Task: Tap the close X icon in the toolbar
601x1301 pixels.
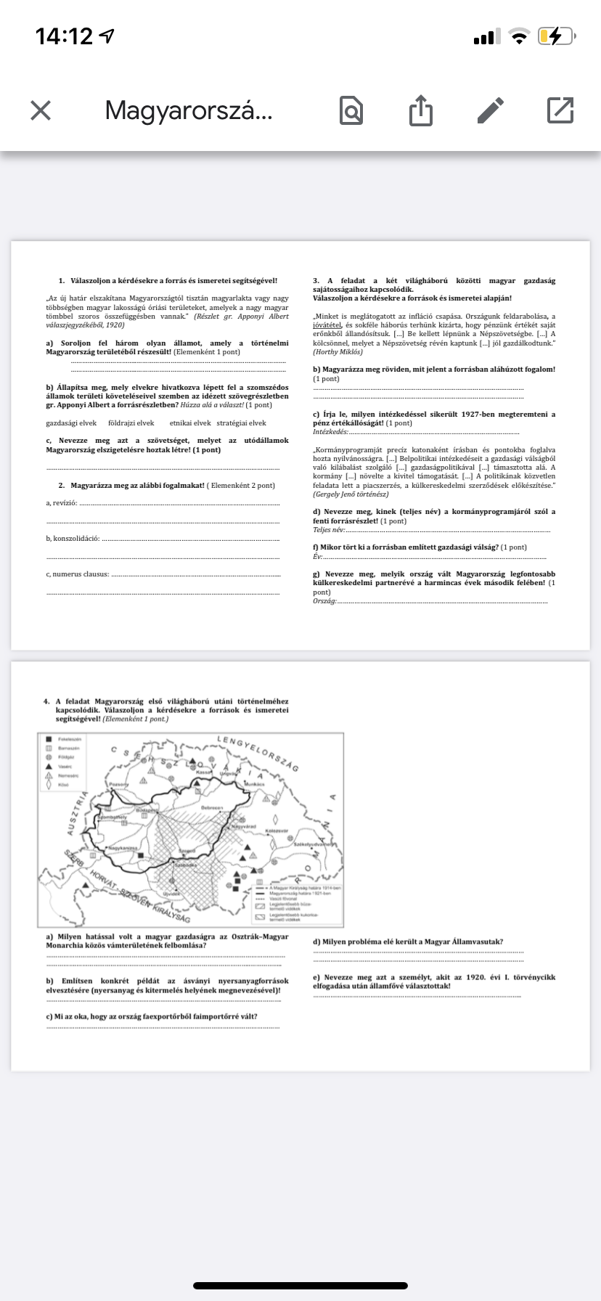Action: pyautogui.click(x=41, y=110)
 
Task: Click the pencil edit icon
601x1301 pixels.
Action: pyautogui.click(x=491, y=110)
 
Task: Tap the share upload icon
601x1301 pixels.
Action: pyautogui.click(x=420, y=110)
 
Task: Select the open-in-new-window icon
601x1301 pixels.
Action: pyautogui.click(x=560, y=110)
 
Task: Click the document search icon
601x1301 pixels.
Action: pyautogui.click(x=351, y=110)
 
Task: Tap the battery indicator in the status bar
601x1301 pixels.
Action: pyautogui.click(x=555, y=36)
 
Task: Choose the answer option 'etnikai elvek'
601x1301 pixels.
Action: pyautogui.click(x=189, y=423)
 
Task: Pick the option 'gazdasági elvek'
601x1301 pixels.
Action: pyautogui.click(x=71, y=423)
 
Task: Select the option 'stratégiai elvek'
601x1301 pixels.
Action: pyautogui.click(x=241, y=423)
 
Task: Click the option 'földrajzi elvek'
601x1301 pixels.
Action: pyautogui.click(x=131, y=423)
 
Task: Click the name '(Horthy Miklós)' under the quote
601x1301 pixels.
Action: pyautogui.click(x=338, y=351)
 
